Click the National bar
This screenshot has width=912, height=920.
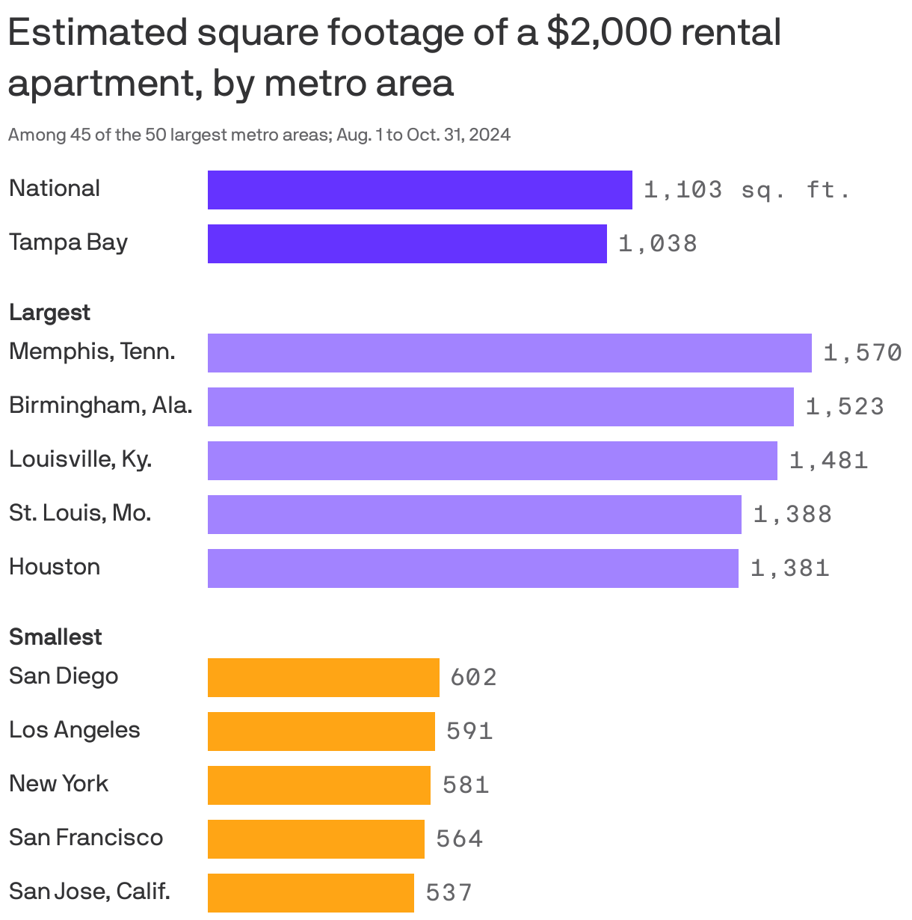click(x=419, y=190)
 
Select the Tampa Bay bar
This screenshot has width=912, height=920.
click(x=407, y=244)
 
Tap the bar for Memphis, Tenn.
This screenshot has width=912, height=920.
click(x=509, y=353)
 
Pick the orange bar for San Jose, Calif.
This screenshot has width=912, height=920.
click(x=310, y=893)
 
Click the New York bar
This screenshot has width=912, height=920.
click(x=318, y=785)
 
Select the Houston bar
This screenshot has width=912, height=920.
click(x=472, y=568)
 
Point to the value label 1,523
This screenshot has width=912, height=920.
click(x=845, y=407)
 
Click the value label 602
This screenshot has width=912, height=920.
click(x=473, y=678)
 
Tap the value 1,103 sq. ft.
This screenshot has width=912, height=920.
click(x=747, y=190)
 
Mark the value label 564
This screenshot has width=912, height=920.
click(x=459, y=839)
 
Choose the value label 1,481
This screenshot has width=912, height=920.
click(x=828, y=461)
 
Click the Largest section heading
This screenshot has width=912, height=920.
click(x=49, y=313)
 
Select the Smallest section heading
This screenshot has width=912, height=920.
click(x=55, y=637)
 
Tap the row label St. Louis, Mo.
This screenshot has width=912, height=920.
click(x=80, y=513)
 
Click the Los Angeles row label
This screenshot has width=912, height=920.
click(x=74, y=730)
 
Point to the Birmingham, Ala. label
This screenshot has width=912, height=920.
click(x=100, y=405)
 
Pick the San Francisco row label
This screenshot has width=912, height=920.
click(x=86, y=838)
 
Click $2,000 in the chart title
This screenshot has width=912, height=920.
click(x=606, y=33)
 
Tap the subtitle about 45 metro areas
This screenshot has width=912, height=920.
click(x=259, y=135)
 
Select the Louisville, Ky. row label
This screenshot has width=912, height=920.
click(x=80, y=459)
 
